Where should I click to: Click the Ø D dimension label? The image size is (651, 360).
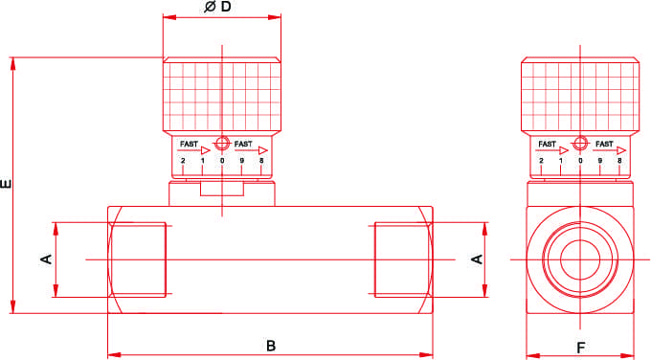(x=217, y=7)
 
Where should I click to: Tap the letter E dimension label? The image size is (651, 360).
(x=7, y=184)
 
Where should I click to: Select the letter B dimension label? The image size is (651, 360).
(x=271, y=346)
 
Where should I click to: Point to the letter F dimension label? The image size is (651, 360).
(x=581, y=348)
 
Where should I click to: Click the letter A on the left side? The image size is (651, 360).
(x=47, y=259)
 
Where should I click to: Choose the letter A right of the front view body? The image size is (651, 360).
(x=478, y=259)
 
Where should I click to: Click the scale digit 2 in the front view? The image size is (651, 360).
(x=183, y=161)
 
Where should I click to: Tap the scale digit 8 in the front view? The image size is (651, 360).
(x=261, y=161)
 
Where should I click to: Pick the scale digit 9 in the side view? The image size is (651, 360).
(x=600, y=161)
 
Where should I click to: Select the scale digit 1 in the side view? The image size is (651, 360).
(x=561, y=161)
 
